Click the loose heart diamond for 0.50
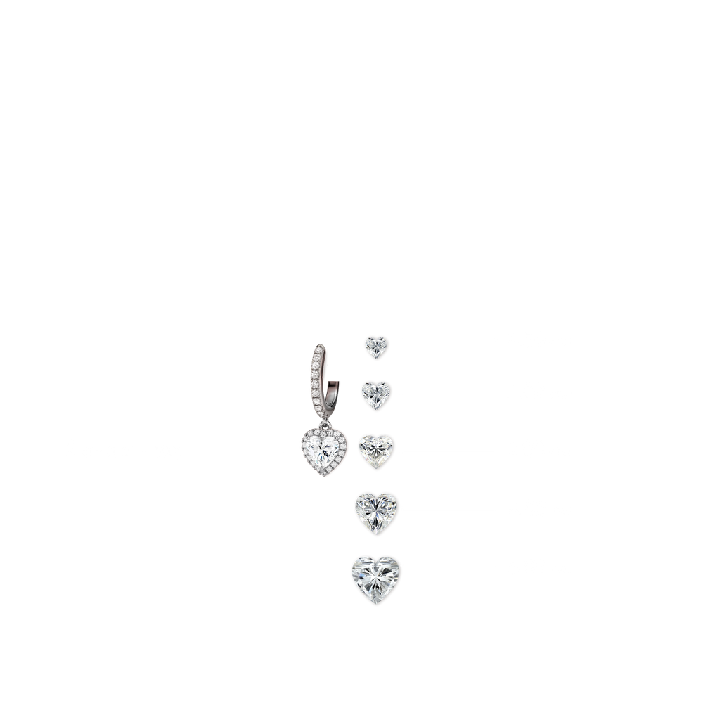coord(375,346)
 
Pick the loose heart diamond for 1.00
coord(377,394)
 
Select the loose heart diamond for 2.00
coord(377,450)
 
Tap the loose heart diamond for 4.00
coord(377,508)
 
